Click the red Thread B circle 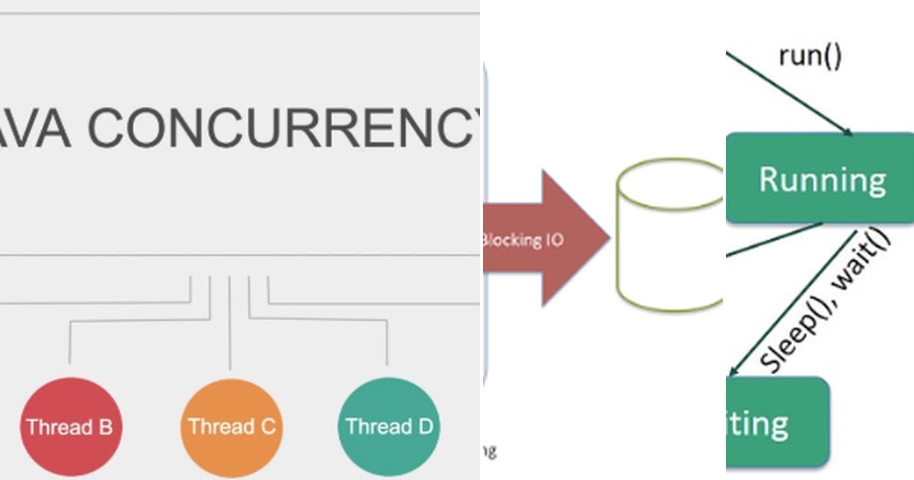click(69, 426)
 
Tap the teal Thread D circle click(389, 426)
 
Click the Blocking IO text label click(523, 239)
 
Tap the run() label click(810, 56)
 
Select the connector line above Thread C click(230, 320)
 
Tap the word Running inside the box click(823, 180)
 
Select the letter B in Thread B click(105, 427)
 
